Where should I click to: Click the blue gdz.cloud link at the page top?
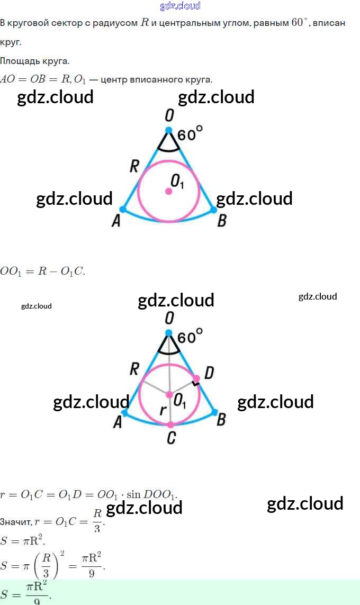pos(180,6)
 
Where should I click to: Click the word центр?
pos(115,79)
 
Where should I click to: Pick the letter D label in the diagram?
pos(209,373)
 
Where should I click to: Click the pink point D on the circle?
pos(196,379)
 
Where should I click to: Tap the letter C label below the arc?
pos(170,438)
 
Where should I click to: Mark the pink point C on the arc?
pos(170,425)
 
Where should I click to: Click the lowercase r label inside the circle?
pos(164,410)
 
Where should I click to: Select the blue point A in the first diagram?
pos(123,210)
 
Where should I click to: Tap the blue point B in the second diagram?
pos(214,411)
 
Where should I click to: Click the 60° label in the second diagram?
pos(190,337)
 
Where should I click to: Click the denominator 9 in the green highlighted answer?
pos(37,601)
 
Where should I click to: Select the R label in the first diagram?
pos(134,167)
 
